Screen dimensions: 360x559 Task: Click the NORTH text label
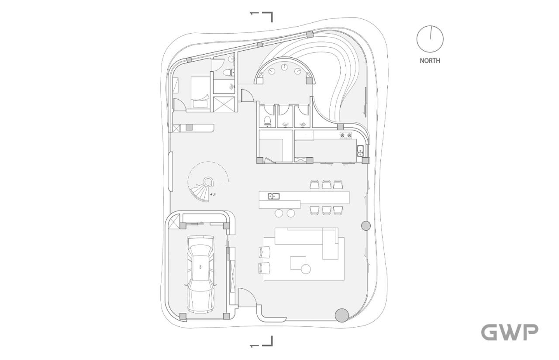(430, 61)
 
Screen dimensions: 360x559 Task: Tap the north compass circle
(430, 39)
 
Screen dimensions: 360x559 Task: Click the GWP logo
(510, 332)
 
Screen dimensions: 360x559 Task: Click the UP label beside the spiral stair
(213, 194)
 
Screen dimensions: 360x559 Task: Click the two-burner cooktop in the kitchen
(346, 135)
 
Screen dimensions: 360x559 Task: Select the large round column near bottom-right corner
(342, 315)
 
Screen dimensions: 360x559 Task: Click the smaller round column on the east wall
(366, 226)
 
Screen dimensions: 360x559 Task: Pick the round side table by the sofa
(306, 269)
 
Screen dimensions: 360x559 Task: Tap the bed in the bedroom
(200, 92)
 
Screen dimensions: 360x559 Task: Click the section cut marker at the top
(262, 17)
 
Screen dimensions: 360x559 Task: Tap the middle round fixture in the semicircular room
(284, 67)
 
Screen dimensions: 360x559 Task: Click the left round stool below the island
(279, 213)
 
